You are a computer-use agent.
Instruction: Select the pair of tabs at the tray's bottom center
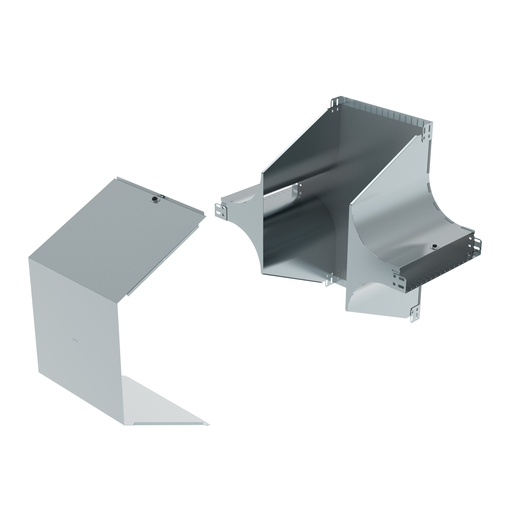(330, 279)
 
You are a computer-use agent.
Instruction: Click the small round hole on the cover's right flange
(164, 259)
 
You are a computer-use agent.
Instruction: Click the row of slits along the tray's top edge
(387, 113)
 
